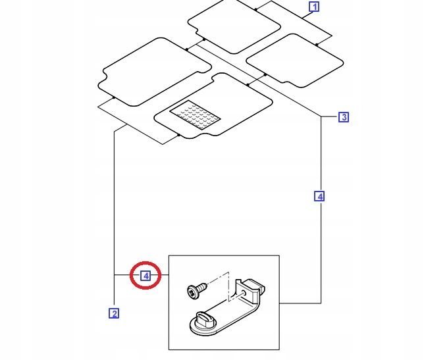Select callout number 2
click(x=114, y=313)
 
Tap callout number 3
click(x=343, y=118)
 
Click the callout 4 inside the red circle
click(x=146, y=276)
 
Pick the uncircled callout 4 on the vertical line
click(x=320, y=196)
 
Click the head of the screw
click(x=194, y=290)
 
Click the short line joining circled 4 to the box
click(x=162, y=276)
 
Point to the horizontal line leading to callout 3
click(x=329, y=117)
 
